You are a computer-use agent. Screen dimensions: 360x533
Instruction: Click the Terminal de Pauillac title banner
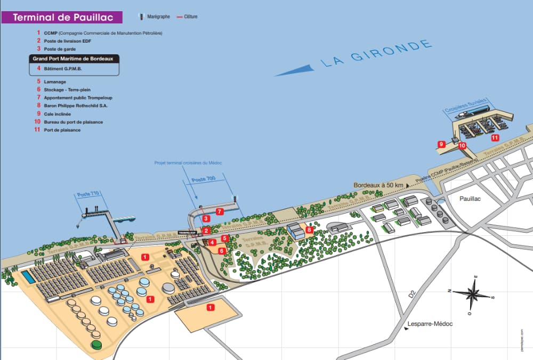click(x=62, y=18)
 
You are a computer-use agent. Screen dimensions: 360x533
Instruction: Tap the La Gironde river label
click(x=376, y=54)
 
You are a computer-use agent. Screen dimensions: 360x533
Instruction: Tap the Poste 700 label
click(x=204, y=179)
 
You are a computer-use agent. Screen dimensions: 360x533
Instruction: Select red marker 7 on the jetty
click(x=219, y=211)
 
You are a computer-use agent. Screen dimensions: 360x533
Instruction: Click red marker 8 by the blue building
click(x=309, y=230)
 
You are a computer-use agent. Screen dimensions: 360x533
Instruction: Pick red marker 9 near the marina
click(x=441, y=144)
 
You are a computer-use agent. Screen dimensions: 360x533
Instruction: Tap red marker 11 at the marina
click(x=495, y=137)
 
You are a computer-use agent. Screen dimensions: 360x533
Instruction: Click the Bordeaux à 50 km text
click(x=378, y=185)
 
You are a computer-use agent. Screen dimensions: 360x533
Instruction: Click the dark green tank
click(x=96, y=345)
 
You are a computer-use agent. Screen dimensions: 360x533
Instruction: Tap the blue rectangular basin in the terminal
click(x=26, y=277)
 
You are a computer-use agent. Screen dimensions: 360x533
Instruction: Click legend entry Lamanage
click(x=55, y=81)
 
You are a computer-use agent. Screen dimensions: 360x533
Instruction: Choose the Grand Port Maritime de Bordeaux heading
click(x=74, y=59)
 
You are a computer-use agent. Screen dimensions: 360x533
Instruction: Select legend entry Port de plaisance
click(x=62, y=130)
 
